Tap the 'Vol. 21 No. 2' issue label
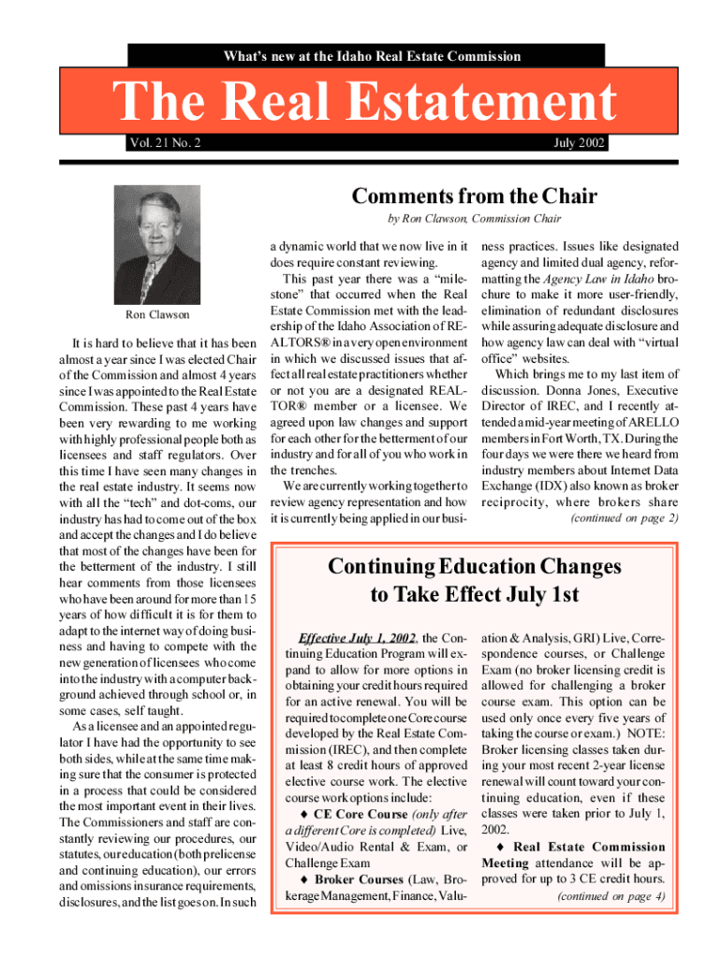[165, 143]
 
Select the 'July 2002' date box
[576, 143]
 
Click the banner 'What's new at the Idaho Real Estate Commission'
[372, 56]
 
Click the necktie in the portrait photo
[149, 280]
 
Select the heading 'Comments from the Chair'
[474, 197]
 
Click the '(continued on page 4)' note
[611, 895]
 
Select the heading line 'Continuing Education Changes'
[474, 567]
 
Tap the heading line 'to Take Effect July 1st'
[474, 595]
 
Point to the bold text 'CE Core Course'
[360, 814]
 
